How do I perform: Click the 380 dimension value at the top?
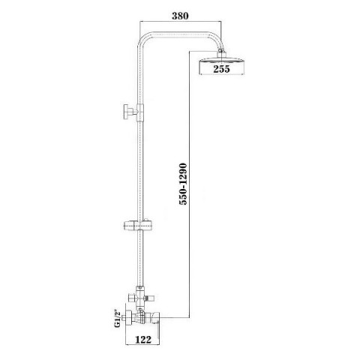[180, 16]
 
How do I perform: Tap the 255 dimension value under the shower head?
[221, 69]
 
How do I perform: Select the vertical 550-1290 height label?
[183, 184]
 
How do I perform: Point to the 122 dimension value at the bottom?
[143, 340]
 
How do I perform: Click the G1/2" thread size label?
[117, 319]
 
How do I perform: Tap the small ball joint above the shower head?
[220, 51]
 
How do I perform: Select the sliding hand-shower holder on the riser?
[138, 225]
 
